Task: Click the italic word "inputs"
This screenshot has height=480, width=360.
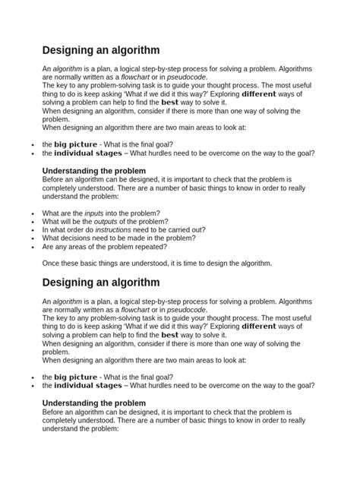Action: tap(94, 213)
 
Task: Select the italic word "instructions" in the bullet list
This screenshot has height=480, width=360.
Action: tap(112, 230)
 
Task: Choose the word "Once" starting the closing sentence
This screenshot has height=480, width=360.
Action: tap(51, 264)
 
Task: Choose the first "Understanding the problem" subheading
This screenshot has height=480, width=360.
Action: tap(93, 171)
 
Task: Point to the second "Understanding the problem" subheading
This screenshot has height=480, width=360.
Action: tap(93, 403)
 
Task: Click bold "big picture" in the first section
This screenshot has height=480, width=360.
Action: tap(76, 144)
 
